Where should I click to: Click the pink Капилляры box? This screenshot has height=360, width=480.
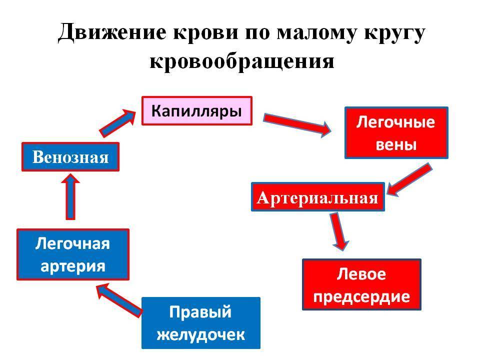pyautogui.click(x=197, y=111)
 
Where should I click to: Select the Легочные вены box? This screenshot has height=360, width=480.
pyautogui.click(x=396, y=132)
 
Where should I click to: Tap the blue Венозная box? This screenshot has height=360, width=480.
pyautogui.click(x=70, y=156)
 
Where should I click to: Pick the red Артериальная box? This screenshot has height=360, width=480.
pyautogui.click(x=318, y=197)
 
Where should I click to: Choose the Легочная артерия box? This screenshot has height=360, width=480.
pyautogui.click(x=73, y=254)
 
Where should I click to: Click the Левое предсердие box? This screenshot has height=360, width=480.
pyautogui.click(x=361, y=284)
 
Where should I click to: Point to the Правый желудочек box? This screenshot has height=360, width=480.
pyautogui.click(x=201, y=323)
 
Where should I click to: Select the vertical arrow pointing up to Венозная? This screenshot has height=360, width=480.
pyautogui.click(x=70, y=196)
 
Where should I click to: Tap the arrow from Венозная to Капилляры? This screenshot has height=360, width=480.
pyautogui.click(x=117, y=123)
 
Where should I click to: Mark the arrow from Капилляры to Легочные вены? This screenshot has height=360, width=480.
pyautogui.click(x=297, y=124)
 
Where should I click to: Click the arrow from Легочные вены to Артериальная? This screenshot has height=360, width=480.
pyautogui.click(x=409, y=179)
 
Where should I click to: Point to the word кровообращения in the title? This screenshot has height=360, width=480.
pyautogui.click(x=242, y=61)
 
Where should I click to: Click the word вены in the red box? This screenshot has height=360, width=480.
pyautogui.click(x=396, y=144)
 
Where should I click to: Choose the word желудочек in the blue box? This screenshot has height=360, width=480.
pyautogui.click(x=201, y=335)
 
